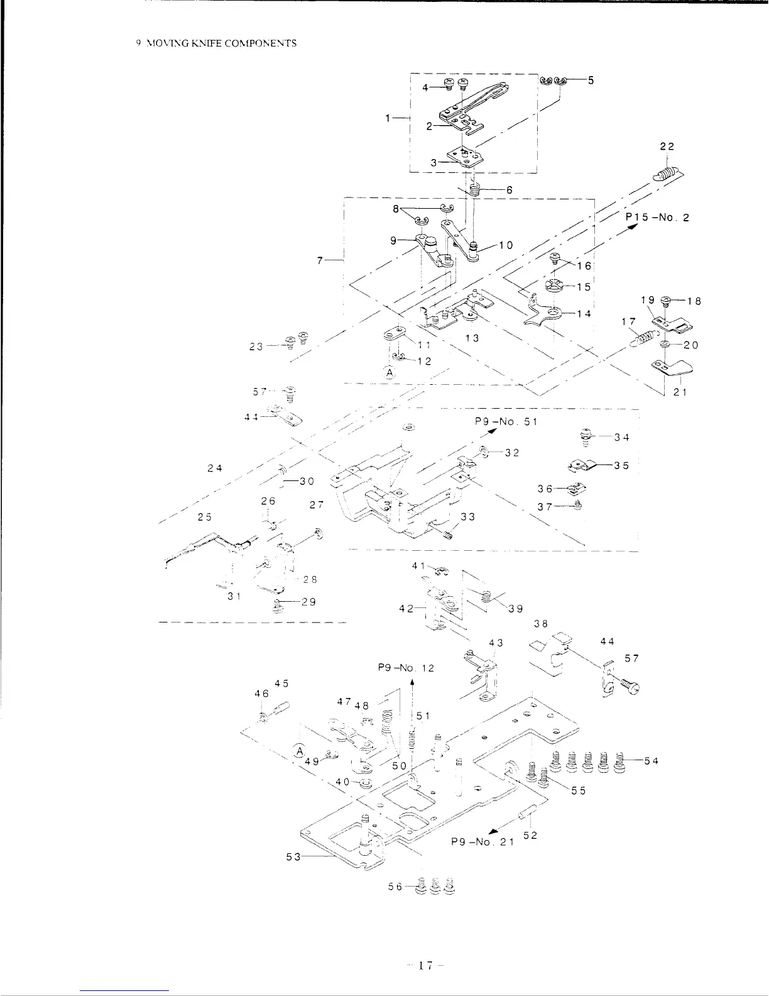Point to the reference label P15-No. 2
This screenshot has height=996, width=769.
(x=657, y=218)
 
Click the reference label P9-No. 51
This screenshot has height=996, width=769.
(x=506, y=421)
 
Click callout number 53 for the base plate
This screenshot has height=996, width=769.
(x=293, y=856)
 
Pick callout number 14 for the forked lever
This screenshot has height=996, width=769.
(x=584, y=313)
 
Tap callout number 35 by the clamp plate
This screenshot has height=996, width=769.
(x=621, y=466)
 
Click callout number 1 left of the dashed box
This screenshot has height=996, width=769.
(x=390, y=118)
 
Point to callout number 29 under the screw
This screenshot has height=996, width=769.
(x=308, y=602)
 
